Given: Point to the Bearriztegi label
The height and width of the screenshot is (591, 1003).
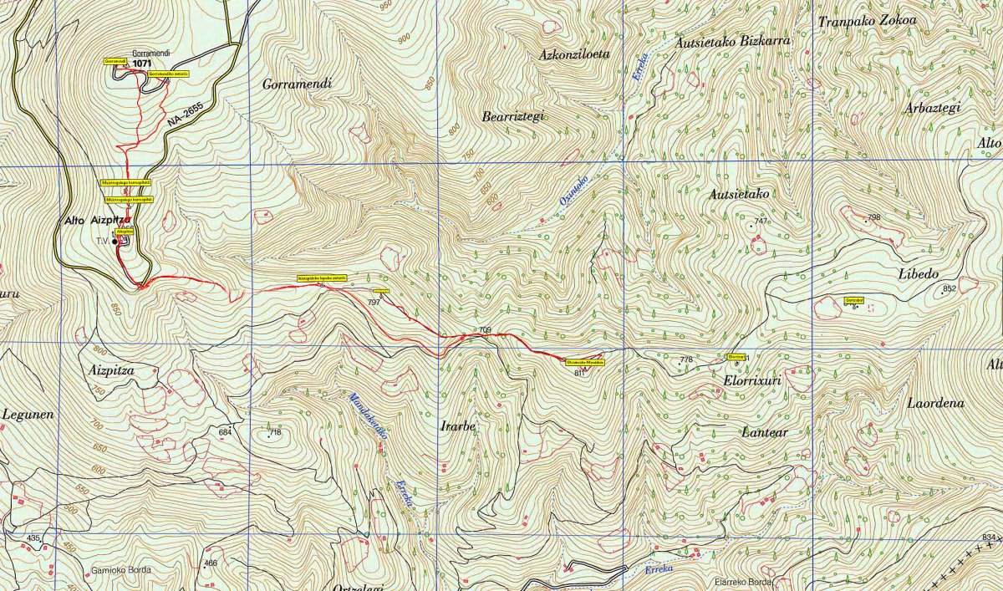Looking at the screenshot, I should click(x=513, y=117).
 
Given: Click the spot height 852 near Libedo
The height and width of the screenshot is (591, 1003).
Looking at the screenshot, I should click(x=948, y=289).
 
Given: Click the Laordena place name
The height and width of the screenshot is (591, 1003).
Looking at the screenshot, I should click(x=935, y=403).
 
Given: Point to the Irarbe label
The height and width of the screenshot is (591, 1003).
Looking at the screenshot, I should click(x=457, y=426).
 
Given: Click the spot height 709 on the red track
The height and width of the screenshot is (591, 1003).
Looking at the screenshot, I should click(x=484, y=330).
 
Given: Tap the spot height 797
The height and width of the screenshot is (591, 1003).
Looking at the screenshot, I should click(x=374, y=302).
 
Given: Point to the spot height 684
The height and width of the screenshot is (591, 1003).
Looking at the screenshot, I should click(x=224, y=432).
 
